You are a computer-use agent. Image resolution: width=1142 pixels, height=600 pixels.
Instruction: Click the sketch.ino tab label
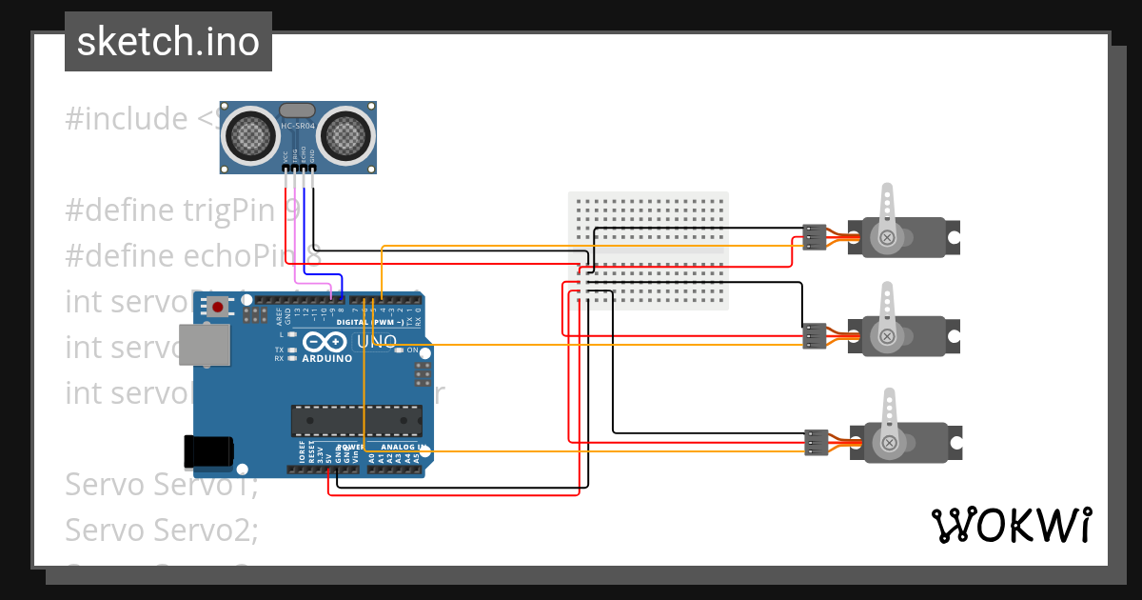(168, 42)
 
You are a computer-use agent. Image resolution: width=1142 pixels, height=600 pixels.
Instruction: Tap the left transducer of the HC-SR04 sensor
(254, 135)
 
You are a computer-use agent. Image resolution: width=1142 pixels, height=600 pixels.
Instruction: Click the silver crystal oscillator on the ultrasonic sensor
(297, 111)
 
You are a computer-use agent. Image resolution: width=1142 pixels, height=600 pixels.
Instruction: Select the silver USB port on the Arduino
(207, 344)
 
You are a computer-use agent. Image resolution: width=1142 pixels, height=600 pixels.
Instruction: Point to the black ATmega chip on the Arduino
(357, 419)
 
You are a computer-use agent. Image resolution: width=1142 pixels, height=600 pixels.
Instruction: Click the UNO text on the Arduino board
(377, 341)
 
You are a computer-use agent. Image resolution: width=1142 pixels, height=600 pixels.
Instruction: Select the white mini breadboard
(648, 250)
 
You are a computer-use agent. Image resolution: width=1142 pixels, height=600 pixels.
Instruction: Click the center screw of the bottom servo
(888, 442)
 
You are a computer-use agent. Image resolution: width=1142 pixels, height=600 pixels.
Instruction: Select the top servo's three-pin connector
(813, 236)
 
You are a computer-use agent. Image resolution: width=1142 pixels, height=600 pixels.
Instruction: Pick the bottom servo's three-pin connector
(813, 442)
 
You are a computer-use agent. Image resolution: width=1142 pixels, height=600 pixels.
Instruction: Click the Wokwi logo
(1010, 525)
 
